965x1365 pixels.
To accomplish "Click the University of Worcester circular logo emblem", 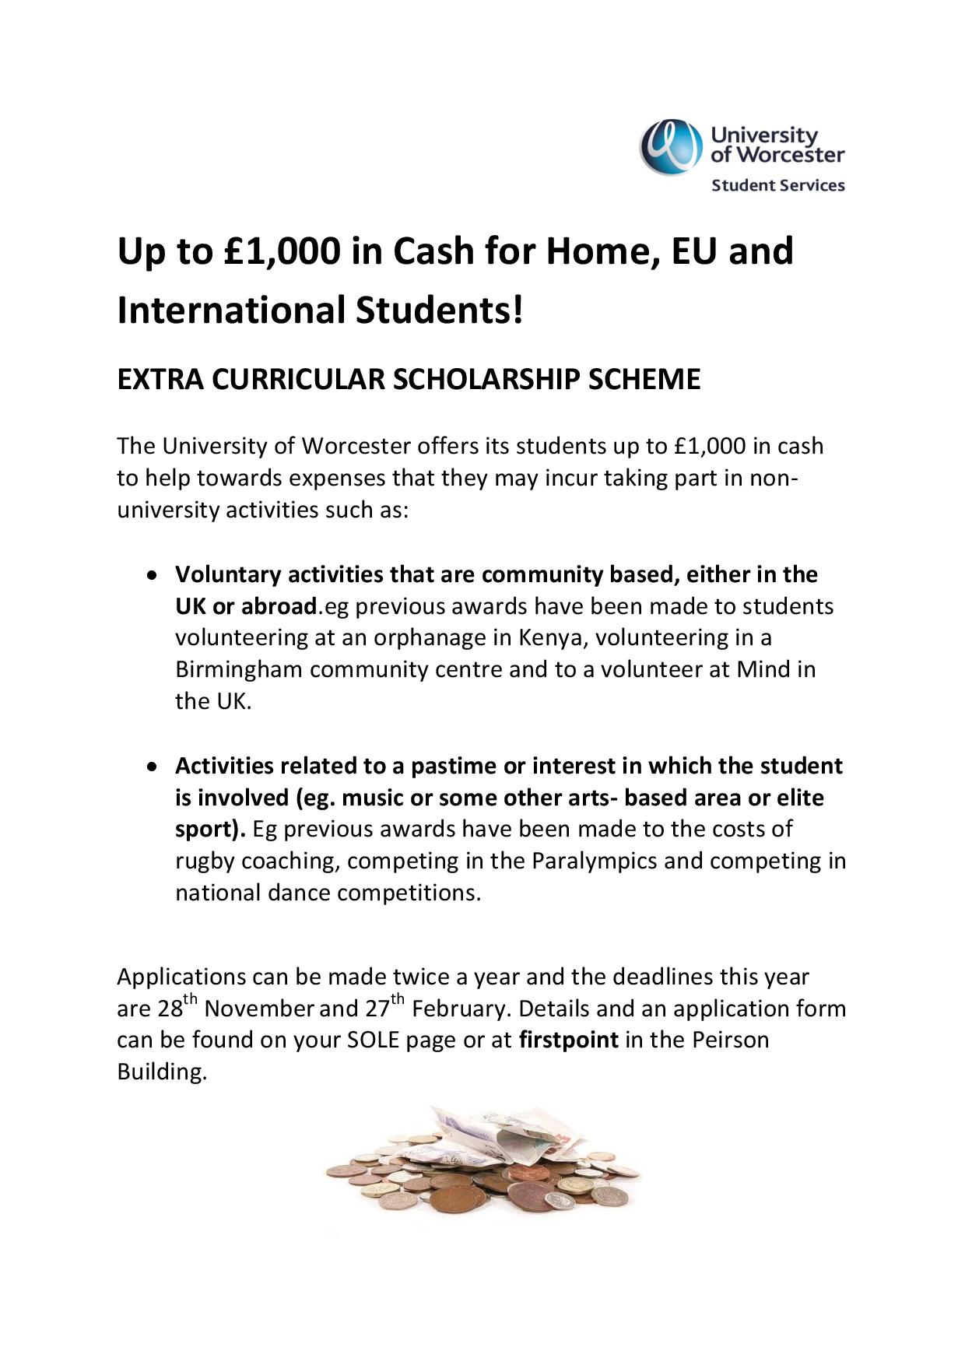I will [x=668, y=146].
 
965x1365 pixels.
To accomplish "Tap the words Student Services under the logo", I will [x=777, y=185].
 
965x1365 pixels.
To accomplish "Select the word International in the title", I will [x=231, y=310].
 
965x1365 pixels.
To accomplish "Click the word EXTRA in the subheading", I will [x=160, y=380].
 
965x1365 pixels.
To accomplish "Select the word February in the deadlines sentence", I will [x=461, y=1009].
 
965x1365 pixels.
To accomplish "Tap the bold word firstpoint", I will [x=568, y=1040].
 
